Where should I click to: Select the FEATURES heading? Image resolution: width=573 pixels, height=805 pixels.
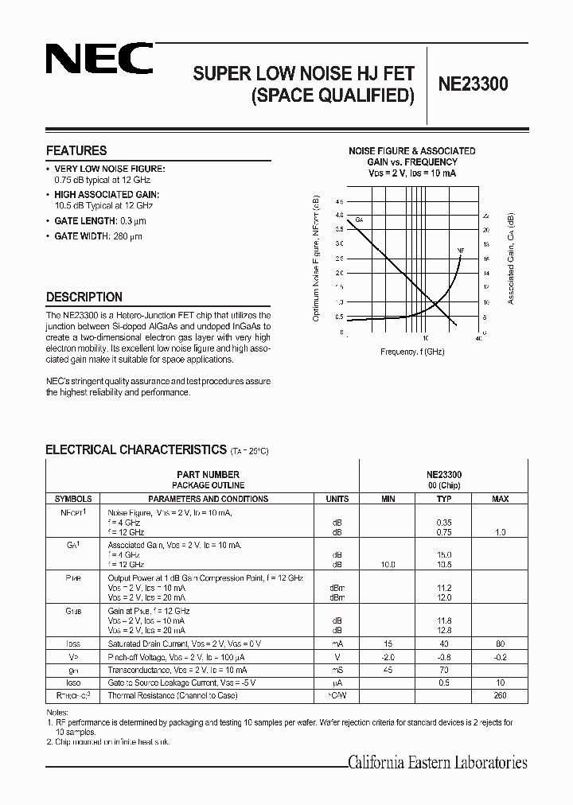pos(76,150)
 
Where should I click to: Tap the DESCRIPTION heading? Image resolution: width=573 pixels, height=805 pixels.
pos(84,297)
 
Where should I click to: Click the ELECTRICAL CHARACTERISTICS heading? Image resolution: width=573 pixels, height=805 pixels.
pos(136,449)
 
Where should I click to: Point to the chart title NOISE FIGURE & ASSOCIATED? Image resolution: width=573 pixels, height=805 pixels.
pos(412,150)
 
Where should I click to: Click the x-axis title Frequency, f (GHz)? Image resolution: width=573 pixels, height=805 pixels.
pos(411,351)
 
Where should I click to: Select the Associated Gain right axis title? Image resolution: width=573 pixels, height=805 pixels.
pos(511,259)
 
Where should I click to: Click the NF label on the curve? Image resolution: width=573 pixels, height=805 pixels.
pos(460,251)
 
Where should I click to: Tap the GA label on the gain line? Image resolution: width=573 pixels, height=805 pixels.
pos(359,220)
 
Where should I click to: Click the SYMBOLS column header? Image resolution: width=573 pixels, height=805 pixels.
pos(73,499)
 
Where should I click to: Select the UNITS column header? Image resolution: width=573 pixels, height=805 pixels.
pos(337,499)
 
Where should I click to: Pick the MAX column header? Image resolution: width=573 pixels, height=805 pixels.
pos(500,499)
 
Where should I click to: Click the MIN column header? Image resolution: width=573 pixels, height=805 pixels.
pos(388,499)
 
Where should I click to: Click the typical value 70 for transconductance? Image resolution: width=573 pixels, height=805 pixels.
pos(444,670)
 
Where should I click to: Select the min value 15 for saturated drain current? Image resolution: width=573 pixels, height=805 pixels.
pos(388,643)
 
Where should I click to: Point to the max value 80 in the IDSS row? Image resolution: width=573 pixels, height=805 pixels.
pos(500,643)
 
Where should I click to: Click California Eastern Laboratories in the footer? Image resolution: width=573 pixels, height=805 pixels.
pos(438,763)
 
